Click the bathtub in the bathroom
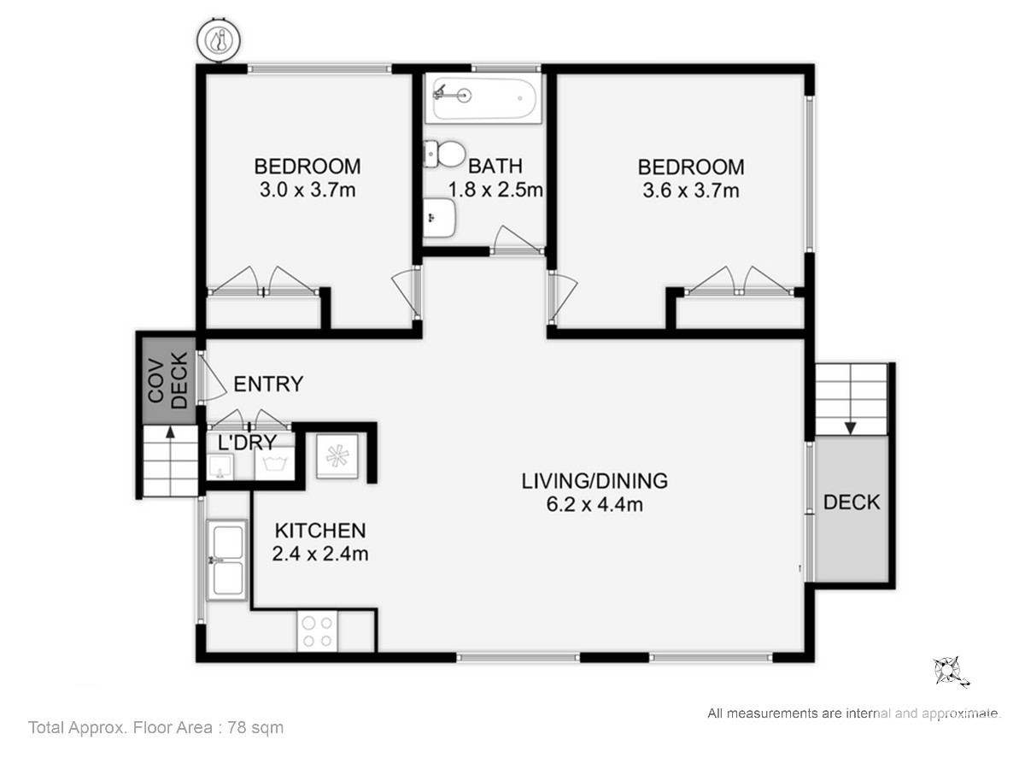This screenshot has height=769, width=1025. click(483, 98)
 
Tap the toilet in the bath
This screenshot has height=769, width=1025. click(444, 154)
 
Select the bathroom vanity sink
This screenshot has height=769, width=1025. click(439, 218)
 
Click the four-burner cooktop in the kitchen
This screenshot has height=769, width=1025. click(317, 631)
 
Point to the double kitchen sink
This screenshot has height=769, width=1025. click(227, 560)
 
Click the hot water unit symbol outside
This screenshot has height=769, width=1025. click(219, 40)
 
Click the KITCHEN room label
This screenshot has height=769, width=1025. click(320, 531)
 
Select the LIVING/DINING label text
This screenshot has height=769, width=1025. click(594, 481)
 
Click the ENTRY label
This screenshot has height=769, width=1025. click(268, 384)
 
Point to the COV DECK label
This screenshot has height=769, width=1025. click(168, 381)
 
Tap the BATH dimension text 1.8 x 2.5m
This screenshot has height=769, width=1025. click(495, 190)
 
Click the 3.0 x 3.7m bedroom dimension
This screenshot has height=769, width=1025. click(307, 190)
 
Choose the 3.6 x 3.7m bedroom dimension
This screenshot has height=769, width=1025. click(691, 191)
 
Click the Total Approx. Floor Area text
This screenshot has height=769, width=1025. click(156, 727)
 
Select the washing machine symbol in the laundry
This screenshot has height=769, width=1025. click(274, 462)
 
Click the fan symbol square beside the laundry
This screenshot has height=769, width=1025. click(337, 456)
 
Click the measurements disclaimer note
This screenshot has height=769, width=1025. click(854, 713)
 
